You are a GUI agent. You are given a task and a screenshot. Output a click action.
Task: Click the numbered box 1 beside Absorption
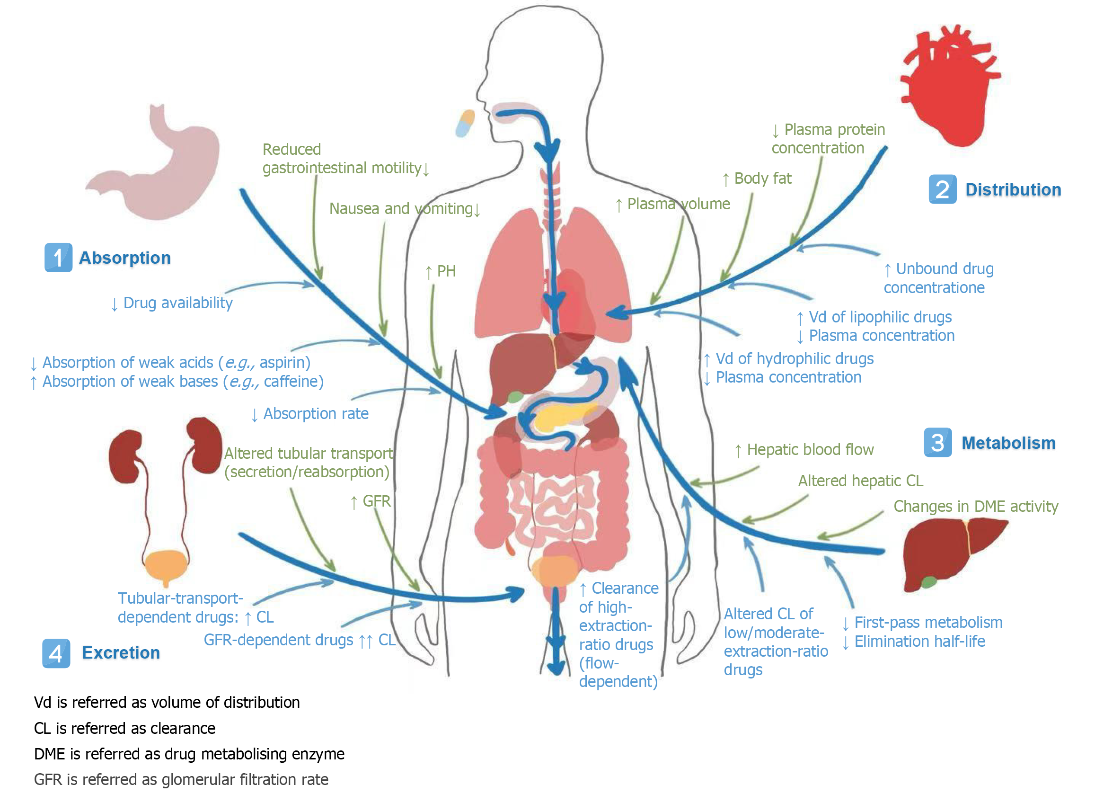point(58,258)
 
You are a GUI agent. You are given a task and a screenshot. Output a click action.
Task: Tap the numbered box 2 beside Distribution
point(942,189)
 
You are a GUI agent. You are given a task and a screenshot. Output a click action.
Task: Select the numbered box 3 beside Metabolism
point(937,442)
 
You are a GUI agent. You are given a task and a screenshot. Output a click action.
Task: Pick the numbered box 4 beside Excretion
point(56,653)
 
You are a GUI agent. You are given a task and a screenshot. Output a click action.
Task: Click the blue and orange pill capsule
point(465,123)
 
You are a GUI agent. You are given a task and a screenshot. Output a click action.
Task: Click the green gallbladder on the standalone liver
point(928,582)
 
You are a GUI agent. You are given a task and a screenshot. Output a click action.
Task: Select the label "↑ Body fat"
point(757,178)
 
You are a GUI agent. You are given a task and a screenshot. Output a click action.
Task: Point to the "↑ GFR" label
point(371,501)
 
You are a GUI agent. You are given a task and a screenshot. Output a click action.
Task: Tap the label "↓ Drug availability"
point(172,303)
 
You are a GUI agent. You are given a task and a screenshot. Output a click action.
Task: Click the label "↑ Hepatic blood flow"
point(804,450)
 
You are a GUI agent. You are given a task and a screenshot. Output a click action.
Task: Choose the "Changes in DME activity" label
point(975,506)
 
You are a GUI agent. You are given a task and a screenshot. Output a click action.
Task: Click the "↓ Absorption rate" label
point(310,414)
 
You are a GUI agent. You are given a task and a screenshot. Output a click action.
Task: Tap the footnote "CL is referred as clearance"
point(124,728)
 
